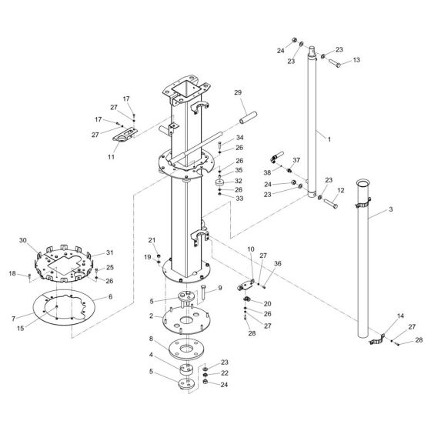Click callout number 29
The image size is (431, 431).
point(237,92)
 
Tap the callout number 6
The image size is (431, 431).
point(109,296)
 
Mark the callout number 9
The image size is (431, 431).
point(219,288)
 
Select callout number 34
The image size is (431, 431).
point(219,137)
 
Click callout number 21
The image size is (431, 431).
point(152,240)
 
